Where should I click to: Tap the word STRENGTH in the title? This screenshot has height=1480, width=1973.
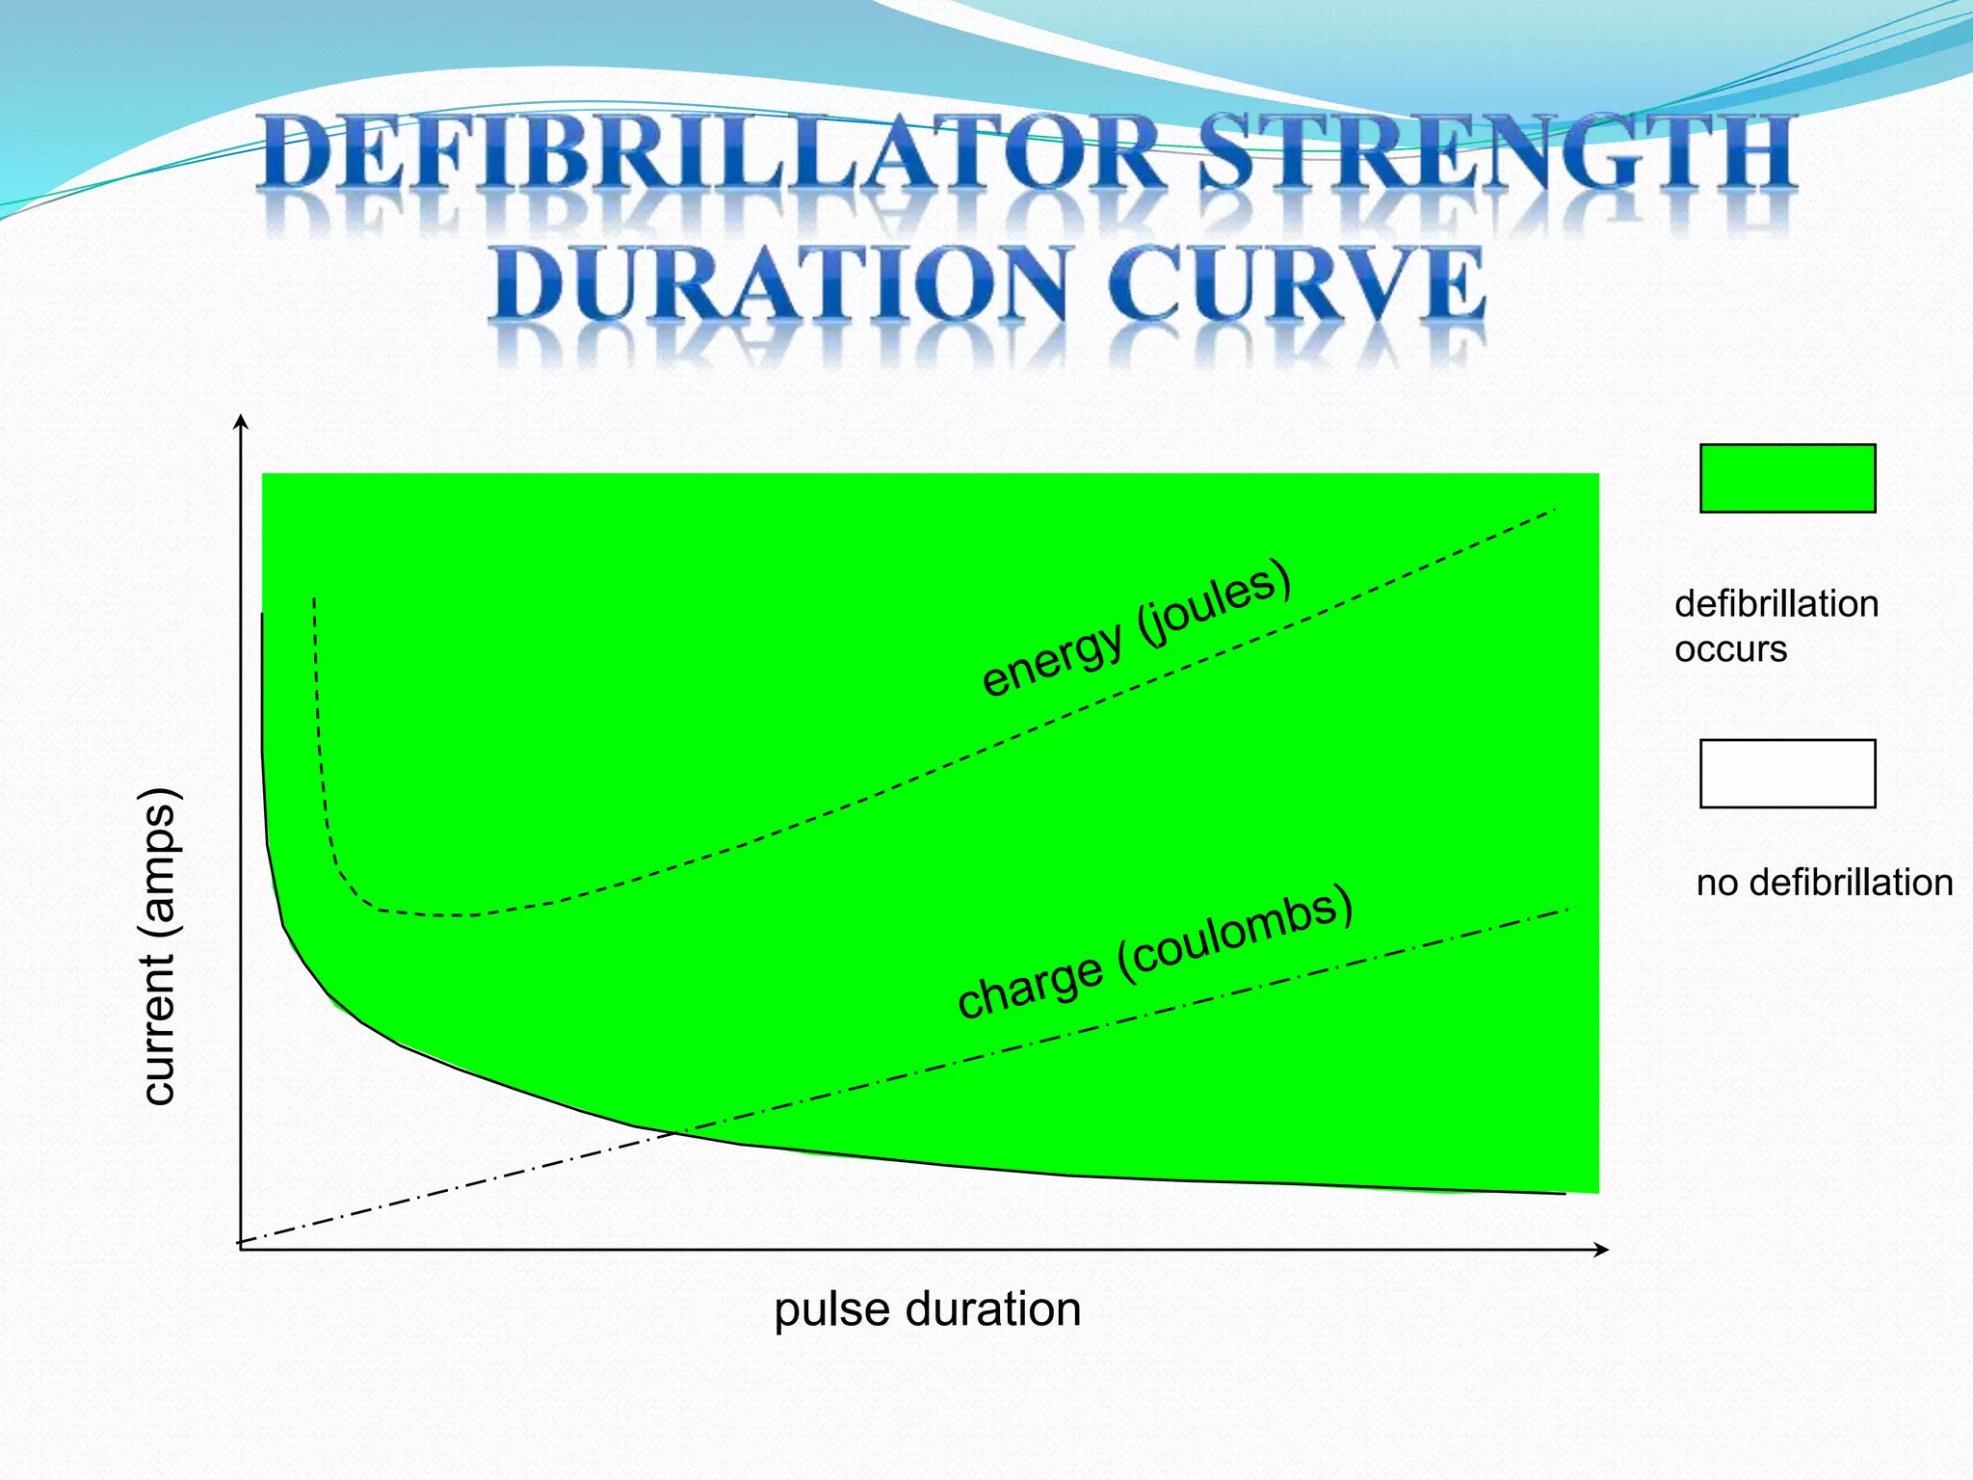(x=1497, y=152)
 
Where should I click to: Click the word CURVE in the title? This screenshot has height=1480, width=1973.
(x=1296, y=283)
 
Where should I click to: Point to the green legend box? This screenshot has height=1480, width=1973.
(x=1787, y=478)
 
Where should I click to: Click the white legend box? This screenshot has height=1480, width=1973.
(x=1787, y=774)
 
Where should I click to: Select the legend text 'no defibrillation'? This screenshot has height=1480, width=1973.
(x=1824, y=883)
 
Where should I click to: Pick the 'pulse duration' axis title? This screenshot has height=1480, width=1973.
(x=927, y=1309)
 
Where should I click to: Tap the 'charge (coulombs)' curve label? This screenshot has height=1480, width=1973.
(x=1155, y=952)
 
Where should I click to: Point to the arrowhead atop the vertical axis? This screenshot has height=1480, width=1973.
(x=241, y=421)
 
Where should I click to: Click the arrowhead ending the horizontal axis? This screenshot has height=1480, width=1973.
(x=1602, y=1250)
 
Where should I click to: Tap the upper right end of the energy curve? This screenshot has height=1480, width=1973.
(x=1555, y=510)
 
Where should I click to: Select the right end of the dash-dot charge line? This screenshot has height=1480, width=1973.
(x=1566, y=910)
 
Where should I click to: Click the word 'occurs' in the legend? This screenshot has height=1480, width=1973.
(x=1730, y=649)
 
